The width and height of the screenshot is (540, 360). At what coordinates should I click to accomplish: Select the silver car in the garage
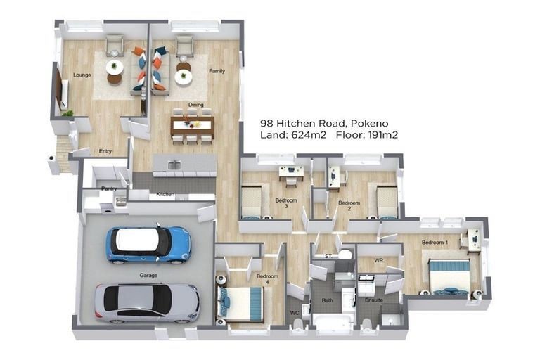click(x=147, y=302)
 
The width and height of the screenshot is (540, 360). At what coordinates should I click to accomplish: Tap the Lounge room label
click(x=82, y=75)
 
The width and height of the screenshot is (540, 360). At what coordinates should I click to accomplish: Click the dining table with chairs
click(x=191, y=126)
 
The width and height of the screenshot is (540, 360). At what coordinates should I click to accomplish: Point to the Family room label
click(x=217, y=71)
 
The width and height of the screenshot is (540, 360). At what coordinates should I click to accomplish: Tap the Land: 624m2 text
click(x=290, y=135)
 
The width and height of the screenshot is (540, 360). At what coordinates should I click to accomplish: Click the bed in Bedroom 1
click(x=449, y=275)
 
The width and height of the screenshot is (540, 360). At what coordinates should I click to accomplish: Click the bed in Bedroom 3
click(x=254, y=202)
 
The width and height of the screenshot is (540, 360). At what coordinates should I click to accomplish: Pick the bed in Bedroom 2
click(x=387, y=202)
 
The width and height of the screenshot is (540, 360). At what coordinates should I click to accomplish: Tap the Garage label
click(x=148, y=276)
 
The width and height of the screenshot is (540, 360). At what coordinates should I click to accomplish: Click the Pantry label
click(x=108, y=188)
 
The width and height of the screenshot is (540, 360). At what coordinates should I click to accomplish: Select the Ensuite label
click(x=373, y=300)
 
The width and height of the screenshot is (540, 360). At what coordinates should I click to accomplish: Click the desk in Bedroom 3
click(x=290, y=171)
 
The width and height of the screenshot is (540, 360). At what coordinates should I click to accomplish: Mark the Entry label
click(x=105, y=150)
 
